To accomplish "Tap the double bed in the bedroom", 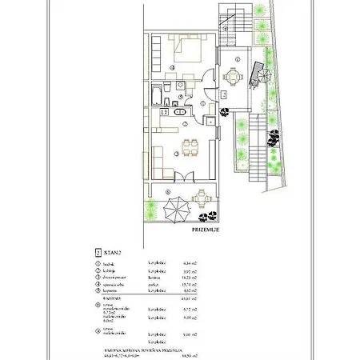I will pos(188,54).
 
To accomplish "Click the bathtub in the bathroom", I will pos(154,97).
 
